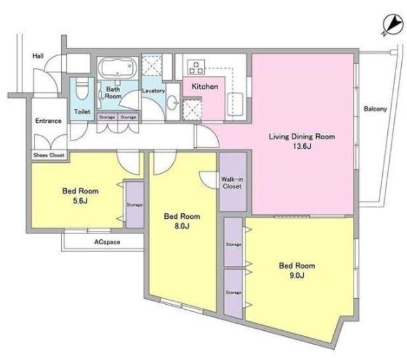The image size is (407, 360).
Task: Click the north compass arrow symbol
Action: [x=392, y=25]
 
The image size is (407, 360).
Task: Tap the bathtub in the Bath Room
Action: [x=118, y=67]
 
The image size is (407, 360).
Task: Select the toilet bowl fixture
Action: [x=82, y=89]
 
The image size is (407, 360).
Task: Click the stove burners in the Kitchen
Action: [x=196, y=67]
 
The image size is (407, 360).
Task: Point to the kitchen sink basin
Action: [x=235, y=104]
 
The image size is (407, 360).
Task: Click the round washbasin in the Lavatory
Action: [x=172, y=103]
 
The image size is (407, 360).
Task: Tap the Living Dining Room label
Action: [x=302, y=137]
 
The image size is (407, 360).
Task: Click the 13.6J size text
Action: [x=302, y=146]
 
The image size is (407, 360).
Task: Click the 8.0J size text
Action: [x=182, y=226]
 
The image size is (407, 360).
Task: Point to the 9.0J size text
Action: [x=297, y=275]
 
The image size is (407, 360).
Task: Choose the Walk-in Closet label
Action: [x=232, y=183]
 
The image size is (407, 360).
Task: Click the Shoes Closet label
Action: [x=49, y=155]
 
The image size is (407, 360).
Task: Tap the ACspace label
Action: [x=107, y=242]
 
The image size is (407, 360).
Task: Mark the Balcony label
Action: [x=375, y=109]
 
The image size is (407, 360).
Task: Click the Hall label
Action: [x=38, y=56]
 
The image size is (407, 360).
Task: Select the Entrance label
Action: [x=48, y=121]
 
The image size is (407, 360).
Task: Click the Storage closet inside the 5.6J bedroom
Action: [x=135, y=205]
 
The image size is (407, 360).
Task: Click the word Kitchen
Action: [x=205, y=87]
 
